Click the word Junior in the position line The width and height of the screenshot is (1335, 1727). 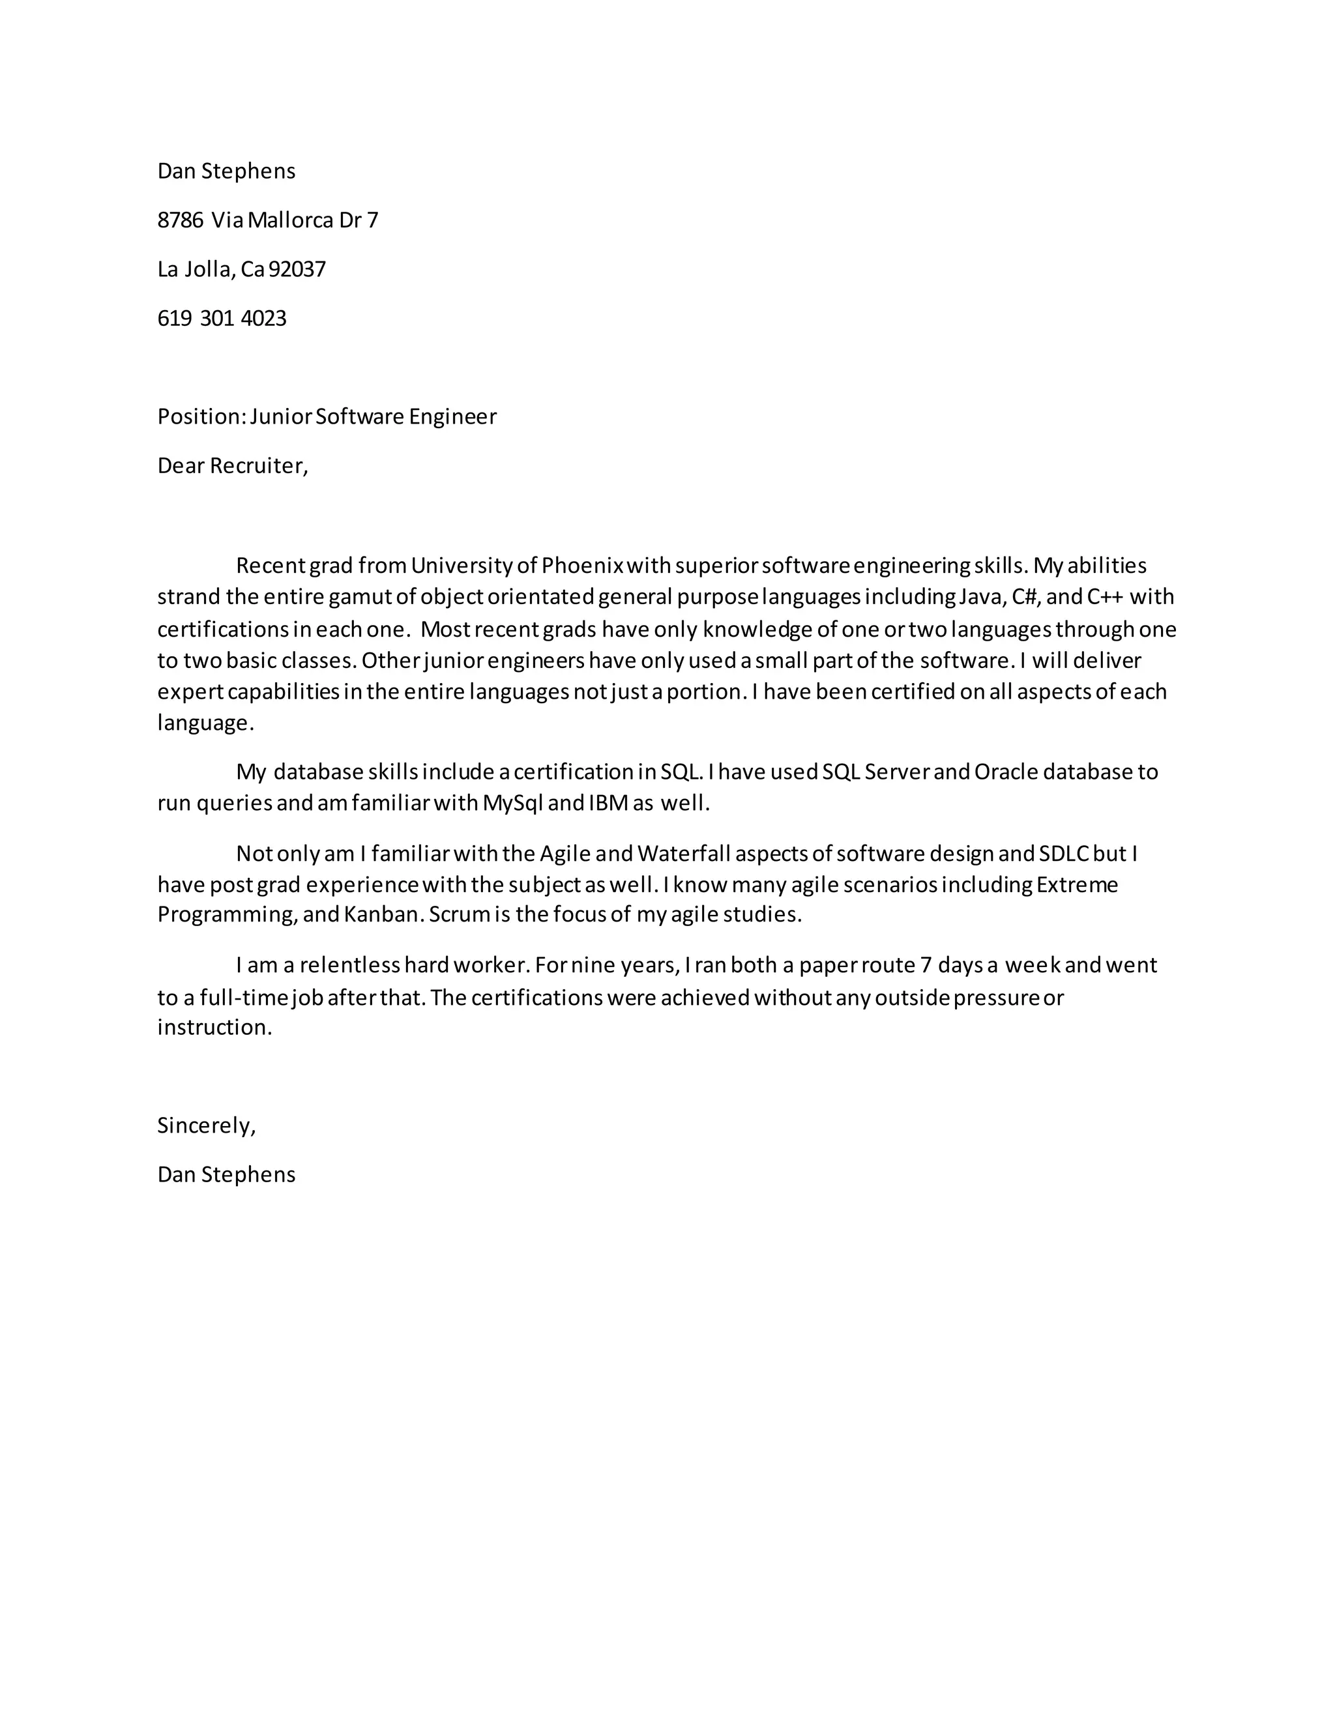pos(282,416)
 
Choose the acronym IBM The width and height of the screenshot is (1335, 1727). pos(608,804)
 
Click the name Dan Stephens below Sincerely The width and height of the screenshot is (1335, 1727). pos(226,1174)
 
